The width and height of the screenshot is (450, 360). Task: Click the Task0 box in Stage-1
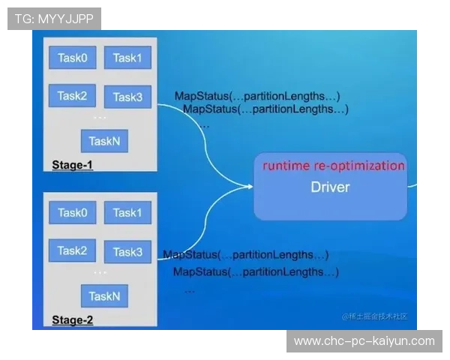[73, 58]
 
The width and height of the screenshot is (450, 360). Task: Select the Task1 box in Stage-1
[127, 58]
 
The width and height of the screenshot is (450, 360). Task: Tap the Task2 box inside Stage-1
[72, 95]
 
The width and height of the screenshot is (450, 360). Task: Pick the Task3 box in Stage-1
[127, 97]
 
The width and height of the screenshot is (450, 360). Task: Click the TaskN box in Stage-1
[104, 141]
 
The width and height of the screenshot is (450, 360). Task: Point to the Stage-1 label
[72, 165]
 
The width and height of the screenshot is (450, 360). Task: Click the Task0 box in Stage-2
[73, 212]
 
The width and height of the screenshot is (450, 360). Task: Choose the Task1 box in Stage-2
[127, 212]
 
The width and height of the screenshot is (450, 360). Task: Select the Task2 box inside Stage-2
[72, 250]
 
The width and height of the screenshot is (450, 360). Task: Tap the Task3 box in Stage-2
[127, 252]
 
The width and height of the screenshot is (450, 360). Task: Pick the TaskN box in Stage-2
[104, 296]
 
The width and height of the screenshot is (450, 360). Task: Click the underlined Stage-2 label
[72, 320]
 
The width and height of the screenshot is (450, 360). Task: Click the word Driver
[330, 187]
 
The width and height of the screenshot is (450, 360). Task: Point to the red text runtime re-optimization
[334, 166]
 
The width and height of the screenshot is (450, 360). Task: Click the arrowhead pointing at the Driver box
[250, 187]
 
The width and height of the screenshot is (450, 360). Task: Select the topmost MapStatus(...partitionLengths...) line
[257, 96]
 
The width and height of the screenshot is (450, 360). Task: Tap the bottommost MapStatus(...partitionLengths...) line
[256, 271]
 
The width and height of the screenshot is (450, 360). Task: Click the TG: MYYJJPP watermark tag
[54, 19]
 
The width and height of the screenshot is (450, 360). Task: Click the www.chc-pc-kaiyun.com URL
[364, 341]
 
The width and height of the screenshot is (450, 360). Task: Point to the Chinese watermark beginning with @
[375, 316]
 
